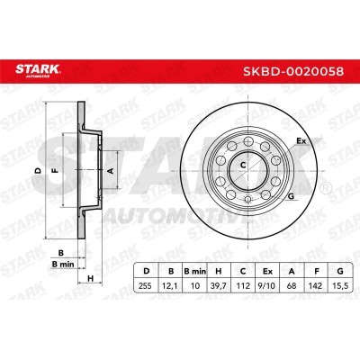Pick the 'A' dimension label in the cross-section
[111, 168]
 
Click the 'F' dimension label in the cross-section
[55, 169]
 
